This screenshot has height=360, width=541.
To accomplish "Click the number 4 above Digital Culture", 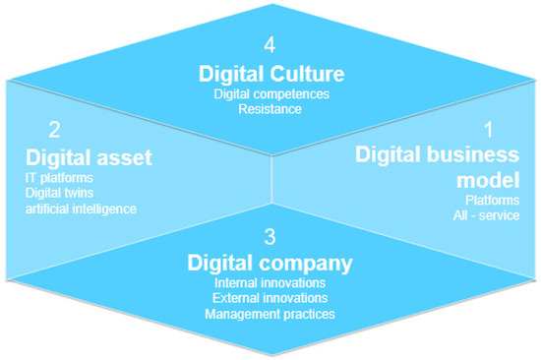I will [x=270, y=45].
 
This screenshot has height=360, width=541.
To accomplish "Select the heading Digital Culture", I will [x=270, y=73].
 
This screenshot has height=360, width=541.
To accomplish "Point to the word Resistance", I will [x=270, y=109].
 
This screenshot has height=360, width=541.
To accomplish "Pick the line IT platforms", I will [x=59, y=177].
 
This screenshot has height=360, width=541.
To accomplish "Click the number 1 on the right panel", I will [x=487, y=130].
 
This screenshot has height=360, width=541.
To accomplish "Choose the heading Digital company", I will [x=270, y=263].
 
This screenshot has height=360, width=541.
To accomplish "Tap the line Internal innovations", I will [x=270, y=282].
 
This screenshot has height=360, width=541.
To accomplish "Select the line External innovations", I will [x=270, y=298].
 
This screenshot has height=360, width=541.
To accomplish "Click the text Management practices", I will [x=270, y=314].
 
